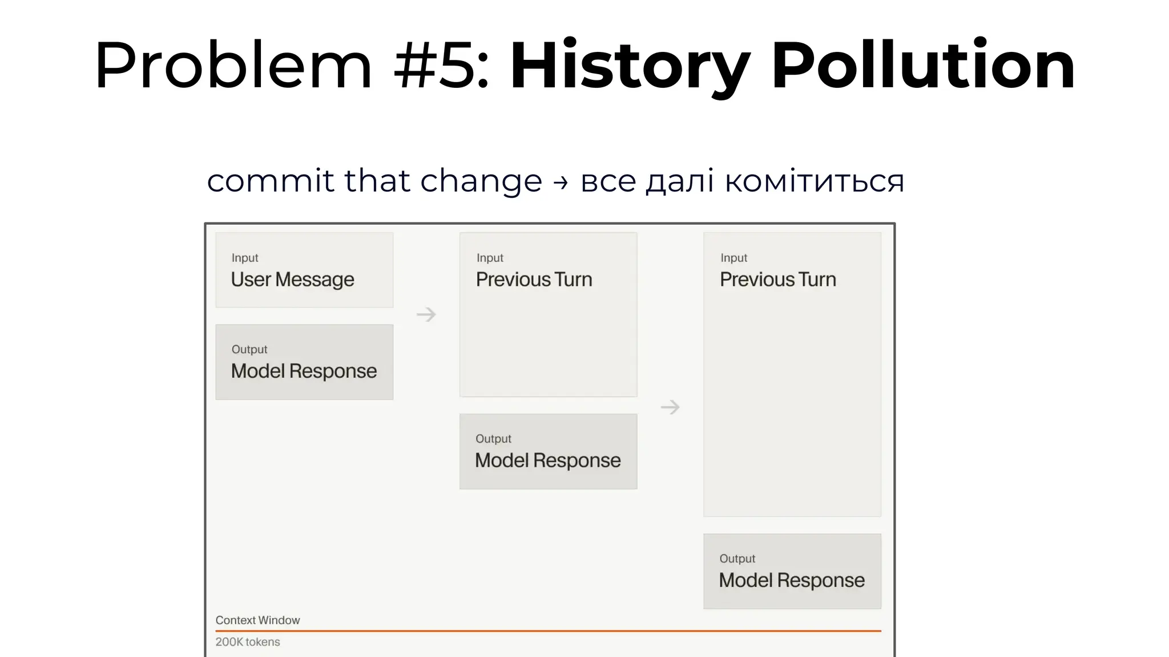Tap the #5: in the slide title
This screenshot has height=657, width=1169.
441,66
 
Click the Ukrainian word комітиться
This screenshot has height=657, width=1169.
814,181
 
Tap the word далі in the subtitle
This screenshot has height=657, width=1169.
679,181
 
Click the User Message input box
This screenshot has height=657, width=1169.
304,270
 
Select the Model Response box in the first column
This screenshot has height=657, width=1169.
304,362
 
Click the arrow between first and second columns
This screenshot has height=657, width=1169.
426,314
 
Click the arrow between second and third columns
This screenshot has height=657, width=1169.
670,407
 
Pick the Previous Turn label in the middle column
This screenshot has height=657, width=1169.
534,279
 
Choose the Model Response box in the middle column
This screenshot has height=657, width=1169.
548,451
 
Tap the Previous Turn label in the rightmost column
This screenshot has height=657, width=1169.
777,279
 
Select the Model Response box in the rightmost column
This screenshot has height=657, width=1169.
792,571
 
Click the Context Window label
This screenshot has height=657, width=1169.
257,620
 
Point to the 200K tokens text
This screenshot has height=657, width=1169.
248,642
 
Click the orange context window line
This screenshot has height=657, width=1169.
548,631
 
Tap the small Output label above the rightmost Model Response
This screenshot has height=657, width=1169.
737,558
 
